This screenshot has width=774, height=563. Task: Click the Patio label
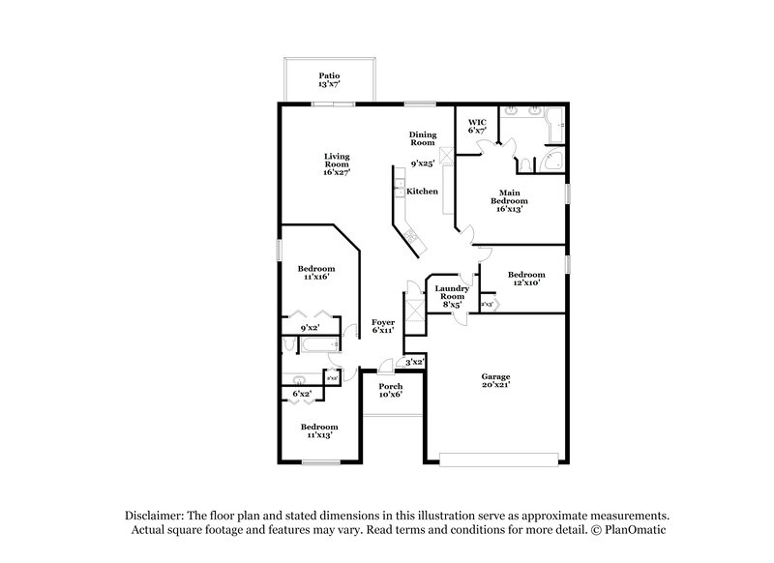(x=329, y=79)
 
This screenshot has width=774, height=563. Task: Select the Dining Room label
(x=423, y=138)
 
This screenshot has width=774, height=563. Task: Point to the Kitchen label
(x=422, y=192)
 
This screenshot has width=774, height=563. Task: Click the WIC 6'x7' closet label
(x=477, y=126)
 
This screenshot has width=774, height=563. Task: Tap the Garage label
(x=496, y=380)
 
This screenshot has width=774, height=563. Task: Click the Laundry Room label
(x=452, y=295)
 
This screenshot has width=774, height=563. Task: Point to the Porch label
(x=390, y=390)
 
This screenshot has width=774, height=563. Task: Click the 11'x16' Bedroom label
(x=315, y=272)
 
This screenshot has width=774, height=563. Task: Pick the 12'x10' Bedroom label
(x=526, y=278)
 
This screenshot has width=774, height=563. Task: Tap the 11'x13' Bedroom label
(x=318, y=430)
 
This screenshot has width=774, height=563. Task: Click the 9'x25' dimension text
(x=422, y=163)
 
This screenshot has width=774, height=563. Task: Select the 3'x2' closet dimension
(x=414, y=362)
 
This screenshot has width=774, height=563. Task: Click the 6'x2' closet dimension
(x=302, y=394)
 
